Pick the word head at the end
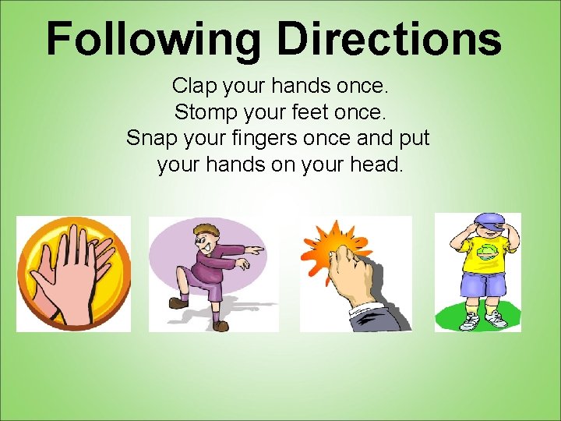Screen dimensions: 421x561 tap(377, 166)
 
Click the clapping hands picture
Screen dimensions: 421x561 tap(73, 273)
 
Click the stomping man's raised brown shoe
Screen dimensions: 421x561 tap(178, 302)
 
